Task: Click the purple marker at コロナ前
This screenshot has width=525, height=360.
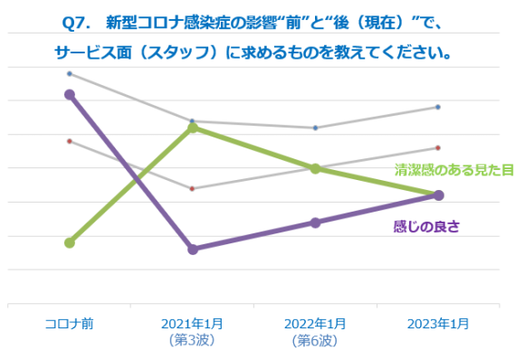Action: click(70, 94)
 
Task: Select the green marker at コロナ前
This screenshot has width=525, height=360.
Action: click(70, 242)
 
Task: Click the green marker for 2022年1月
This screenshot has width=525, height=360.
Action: click(315, 168)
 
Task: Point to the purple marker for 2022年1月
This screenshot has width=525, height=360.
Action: click(315, 223)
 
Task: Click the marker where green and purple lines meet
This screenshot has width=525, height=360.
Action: click(438, 195)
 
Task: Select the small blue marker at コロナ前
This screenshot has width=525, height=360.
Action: click(70, 73)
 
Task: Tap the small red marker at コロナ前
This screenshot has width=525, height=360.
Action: click(70, 141)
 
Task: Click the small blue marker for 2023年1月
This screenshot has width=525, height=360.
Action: click(438, 107)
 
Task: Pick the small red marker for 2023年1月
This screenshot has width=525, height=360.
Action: click(438, 147)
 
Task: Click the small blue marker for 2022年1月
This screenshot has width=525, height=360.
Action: click(315, 128)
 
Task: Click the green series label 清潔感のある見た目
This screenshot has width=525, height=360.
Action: click(454, 169)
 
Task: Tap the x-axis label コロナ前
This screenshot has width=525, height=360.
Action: click(70, 324)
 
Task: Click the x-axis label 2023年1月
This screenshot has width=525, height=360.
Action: click(438, 324)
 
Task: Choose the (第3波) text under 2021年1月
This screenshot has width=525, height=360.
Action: click(192, 341)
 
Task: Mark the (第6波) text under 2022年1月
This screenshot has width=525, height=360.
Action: click(315, 341)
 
